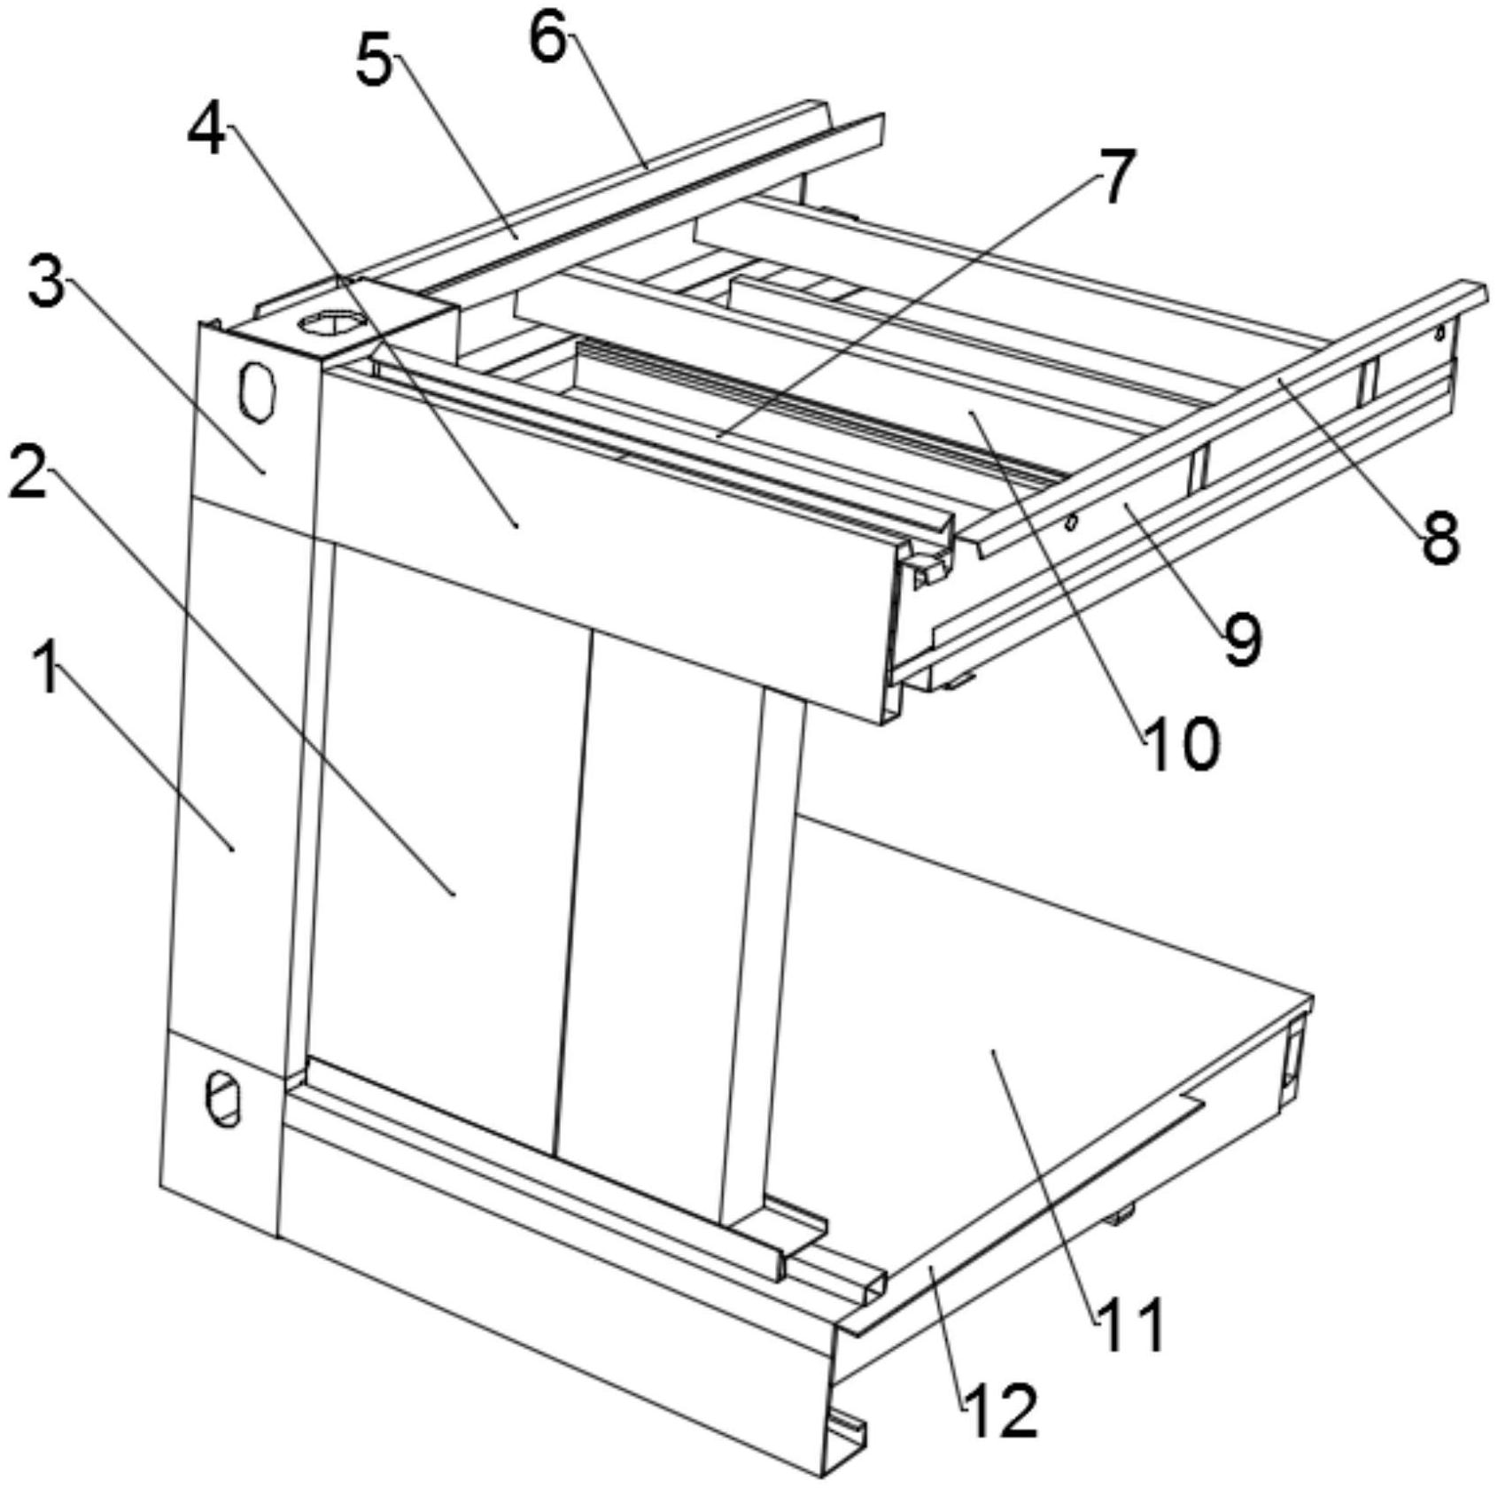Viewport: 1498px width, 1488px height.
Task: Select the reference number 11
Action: click(1131, 1324)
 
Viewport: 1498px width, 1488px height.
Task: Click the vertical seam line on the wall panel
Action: click(572, 892)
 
